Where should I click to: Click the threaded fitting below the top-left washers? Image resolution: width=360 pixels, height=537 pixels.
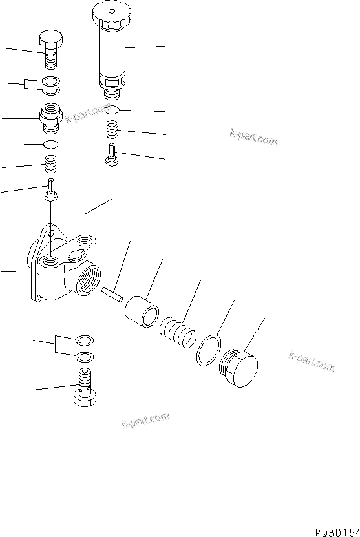click(52, 116)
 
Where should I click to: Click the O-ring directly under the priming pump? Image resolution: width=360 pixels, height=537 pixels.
click(112, 110)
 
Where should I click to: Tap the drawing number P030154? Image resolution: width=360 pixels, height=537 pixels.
click(336, 531)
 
